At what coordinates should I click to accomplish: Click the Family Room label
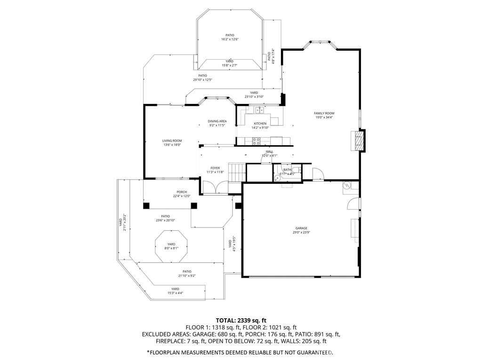pyautogui.click(x=324, y=113)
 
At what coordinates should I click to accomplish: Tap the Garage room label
pyautogui.click(x=301, y=228)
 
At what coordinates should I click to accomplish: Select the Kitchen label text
pyautogui.click(x=260, y=124)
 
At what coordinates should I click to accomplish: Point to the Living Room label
pyautogui.click(x=172, y=141)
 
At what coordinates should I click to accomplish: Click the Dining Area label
pyautogui.click(x=217, y=121)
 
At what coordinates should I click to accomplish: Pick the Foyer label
pyautogui.click(x=215, y=168)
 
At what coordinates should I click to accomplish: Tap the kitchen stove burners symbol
pyautogui.click(x=257, y=140)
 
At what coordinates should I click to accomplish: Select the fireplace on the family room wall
pyautogui.click(x=359, y=140)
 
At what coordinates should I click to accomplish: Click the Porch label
pyautogui.click(x=182, y=192)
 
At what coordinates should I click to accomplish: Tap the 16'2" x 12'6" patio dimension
pyautogui.click(x=230, y=39)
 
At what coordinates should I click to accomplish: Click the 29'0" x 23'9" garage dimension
pyautogui.click(x=301, y=232)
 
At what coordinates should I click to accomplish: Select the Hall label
pyautogui.click(x=269, y=151)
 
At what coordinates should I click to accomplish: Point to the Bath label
pyautogui.click(x=287, y=170)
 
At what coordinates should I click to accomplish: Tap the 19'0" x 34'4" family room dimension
pyautogui.click(x=324, y=118)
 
